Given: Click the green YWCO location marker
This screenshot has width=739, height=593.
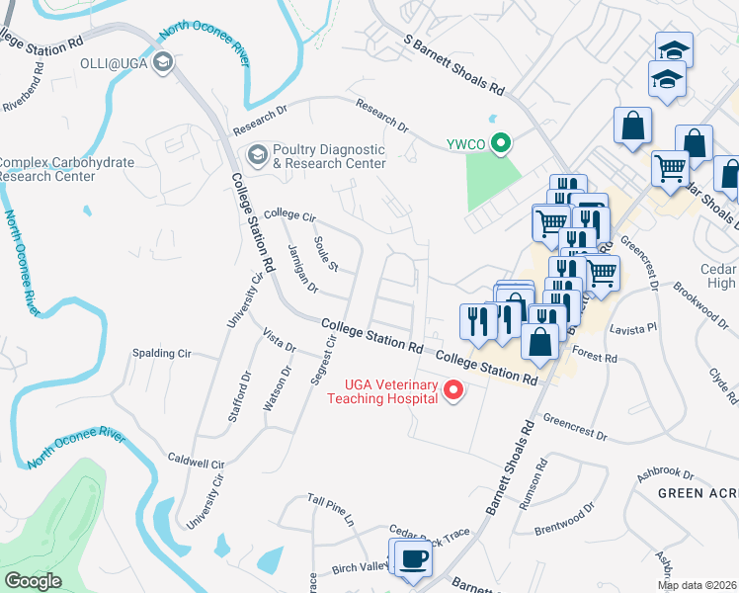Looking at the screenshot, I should [501, 145].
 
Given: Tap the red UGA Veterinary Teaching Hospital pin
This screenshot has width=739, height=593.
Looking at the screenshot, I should [454, 390].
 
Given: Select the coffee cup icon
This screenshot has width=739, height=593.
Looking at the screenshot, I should [414, 559].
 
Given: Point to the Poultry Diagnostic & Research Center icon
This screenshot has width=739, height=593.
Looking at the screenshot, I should [257, 155].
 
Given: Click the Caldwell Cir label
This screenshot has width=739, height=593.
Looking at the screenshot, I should [197, 462].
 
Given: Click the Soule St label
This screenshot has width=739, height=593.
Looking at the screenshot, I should [326, 254].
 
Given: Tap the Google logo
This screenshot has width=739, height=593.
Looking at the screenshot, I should [33, 581].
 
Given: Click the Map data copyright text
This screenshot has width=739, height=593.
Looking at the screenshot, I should [698, 585].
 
